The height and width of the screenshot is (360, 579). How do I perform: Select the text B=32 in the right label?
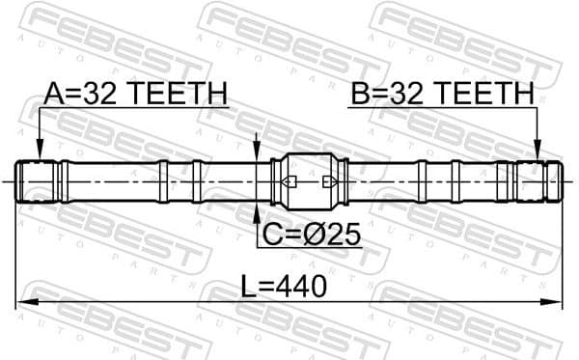tap(391, 94)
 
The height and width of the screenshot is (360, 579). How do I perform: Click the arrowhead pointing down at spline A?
tap(38, 153)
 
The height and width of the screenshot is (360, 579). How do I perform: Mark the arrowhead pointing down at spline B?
tap(538, 153)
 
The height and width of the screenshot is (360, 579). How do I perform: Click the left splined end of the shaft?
tap(39, 181)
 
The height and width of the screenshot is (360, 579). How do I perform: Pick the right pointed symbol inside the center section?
tap(329, 181)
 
